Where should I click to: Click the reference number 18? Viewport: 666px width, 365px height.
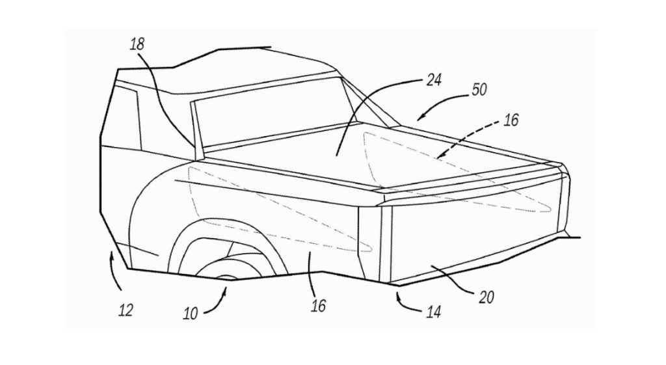(x=137, y=45)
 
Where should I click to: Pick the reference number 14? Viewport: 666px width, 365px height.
(x=433, y=312)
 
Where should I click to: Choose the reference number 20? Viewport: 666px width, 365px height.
(x=486, y=297)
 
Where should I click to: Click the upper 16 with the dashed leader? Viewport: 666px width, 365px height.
(x=511, y=120)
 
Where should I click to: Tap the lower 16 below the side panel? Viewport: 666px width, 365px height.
(x=318, y=304)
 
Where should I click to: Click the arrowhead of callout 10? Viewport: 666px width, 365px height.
(x=227, y=290)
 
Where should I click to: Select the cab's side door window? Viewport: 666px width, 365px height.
(x=126, y=120)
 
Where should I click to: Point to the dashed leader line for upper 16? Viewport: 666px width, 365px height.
(x=468, y=140)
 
